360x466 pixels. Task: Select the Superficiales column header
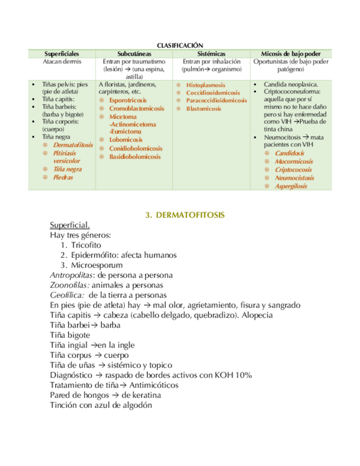pos(62,53)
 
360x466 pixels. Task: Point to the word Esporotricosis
pos(128,101)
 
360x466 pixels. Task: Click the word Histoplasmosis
pos(206,85)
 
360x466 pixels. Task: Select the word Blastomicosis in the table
pos(203,109)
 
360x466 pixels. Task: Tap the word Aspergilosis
pos(291,186)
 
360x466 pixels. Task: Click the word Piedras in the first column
pos(63,177)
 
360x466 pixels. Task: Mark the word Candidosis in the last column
pos(289,154)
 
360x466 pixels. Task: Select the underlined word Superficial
pos(70,225)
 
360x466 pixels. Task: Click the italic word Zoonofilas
pos(69,285)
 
